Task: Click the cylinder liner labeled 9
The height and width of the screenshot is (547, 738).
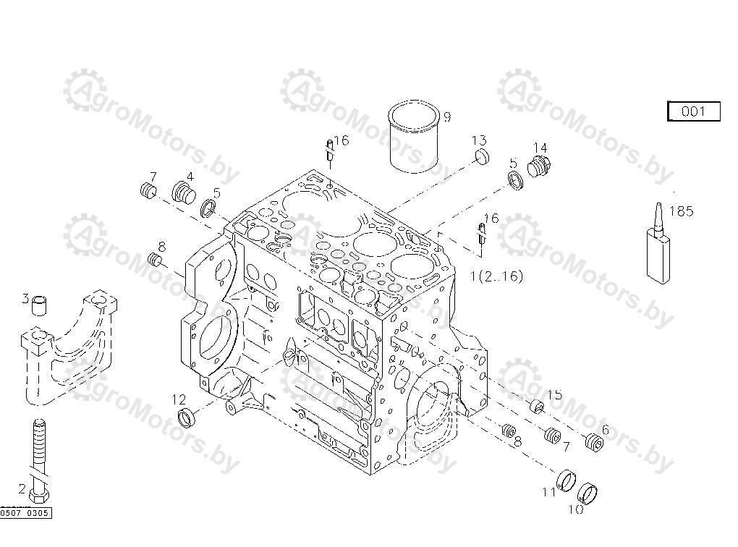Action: (414, 137)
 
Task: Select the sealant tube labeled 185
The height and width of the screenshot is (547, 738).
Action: (658, 245)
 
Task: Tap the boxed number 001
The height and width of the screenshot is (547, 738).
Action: (694, 111)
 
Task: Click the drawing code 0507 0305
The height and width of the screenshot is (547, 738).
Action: (25, 513)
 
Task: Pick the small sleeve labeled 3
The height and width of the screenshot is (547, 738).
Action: (40, 305)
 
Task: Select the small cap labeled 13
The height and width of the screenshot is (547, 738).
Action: (481, 156)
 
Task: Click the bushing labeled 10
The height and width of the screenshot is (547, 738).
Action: (587, 493)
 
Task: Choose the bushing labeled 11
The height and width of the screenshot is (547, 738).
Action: (567, 480)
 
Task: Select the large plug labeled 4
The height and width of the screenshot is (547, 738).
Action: (184, 192)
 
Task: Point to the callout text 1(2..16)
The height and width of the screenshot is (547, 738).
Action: (496, 276)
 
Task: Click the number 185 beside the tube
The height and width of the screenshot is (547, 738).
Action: (681, 211)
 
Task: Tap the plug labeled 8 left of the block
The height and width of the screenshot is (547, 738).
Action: (154, 259)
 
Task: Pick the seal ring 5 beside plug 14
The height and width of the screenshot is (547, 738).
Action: (516, 181)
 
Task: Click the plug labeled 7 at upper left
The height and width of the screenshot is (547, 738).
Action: (149, 190)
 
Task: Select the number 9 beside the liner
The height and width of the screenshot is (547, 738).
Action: (446, 116)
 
